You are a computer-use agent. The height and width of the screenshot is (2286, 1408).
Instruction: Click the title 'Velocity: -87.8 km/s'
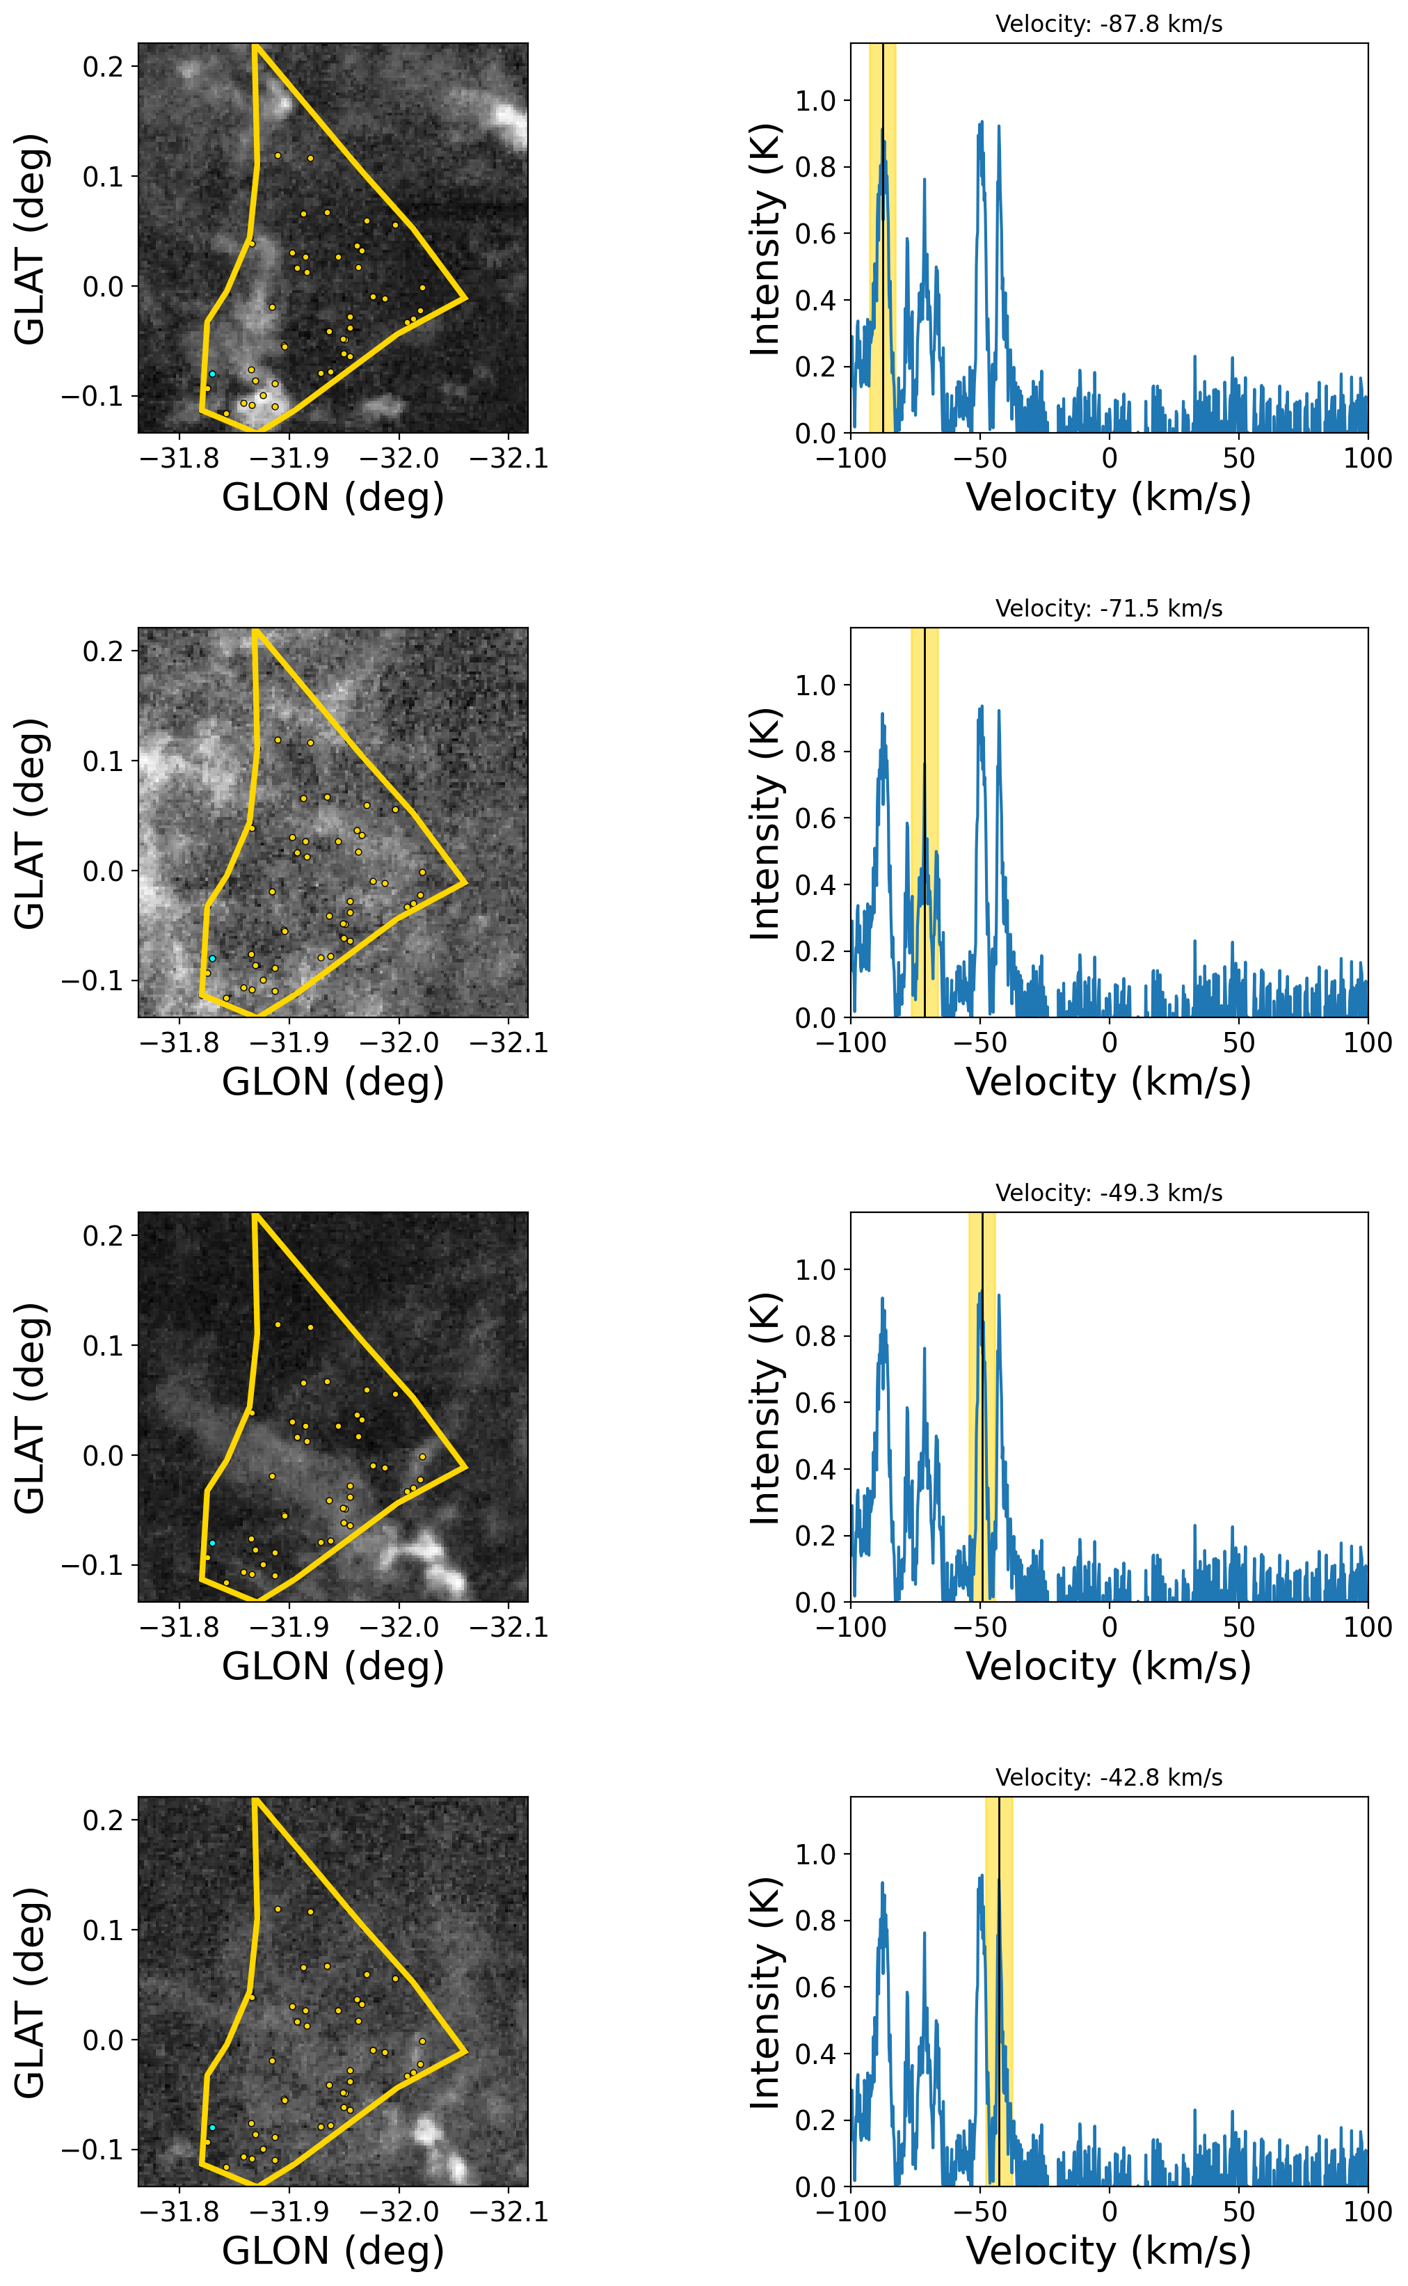[x=1108, y=24]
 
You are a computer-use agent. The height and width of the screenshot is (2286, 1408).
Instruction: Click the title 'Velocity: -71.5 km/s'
[x=1108, y=608]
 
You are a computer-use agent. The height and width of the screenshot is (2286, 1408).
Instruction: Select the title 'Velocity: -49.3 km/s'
[x=1108, y=1193]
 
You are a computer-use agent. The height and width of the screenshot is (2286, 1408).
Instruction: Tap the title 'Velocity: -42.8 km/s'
[x=1108, y=1777]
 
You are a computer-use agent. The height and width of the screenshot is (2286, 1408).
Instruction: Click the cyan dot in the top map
[x=212, y=374]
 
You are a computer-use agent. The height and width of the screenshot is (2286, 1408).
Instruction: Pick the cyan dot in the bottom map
[x=212, y=2127]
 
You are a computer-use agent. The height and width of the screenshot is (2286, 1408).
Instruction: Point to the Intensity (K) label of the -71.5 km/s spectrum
[x=765, y=823]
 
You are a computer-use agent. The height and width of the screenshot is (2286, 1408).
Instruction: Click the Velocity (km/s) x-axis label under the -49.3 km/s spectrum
[x=1108, y=1667]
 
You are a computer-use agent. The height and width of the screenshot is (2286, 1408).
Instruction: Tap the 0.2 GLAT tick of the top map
[x=104, y=66]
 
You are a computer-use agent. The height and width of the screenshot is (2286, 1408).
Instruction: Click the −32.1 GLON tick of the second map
[x=509, y=1042]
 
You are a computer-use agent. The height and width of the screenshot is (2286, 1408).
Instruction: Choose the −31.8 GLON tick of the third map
[x=179, y=1628]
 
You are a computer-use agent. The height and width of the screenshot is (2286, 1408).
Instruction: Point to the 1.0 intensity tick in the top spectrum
[x=816, y=101]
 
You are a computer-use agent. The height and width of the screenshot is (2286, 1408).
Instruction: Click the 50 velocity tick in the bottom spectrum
[x=1238, y=2212]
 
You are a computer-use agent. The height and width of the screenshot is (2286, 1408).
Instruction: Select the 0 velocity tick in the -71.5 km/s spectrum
[x=1109, y=1042]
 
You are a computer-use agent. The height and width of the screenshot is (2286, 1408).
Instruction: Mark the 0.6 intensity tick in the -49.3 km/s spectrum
[x=816, y=1403]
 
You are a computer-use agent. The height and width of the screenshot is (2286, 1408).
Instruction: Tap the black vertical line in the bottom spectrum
[x=998, y=1992]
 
